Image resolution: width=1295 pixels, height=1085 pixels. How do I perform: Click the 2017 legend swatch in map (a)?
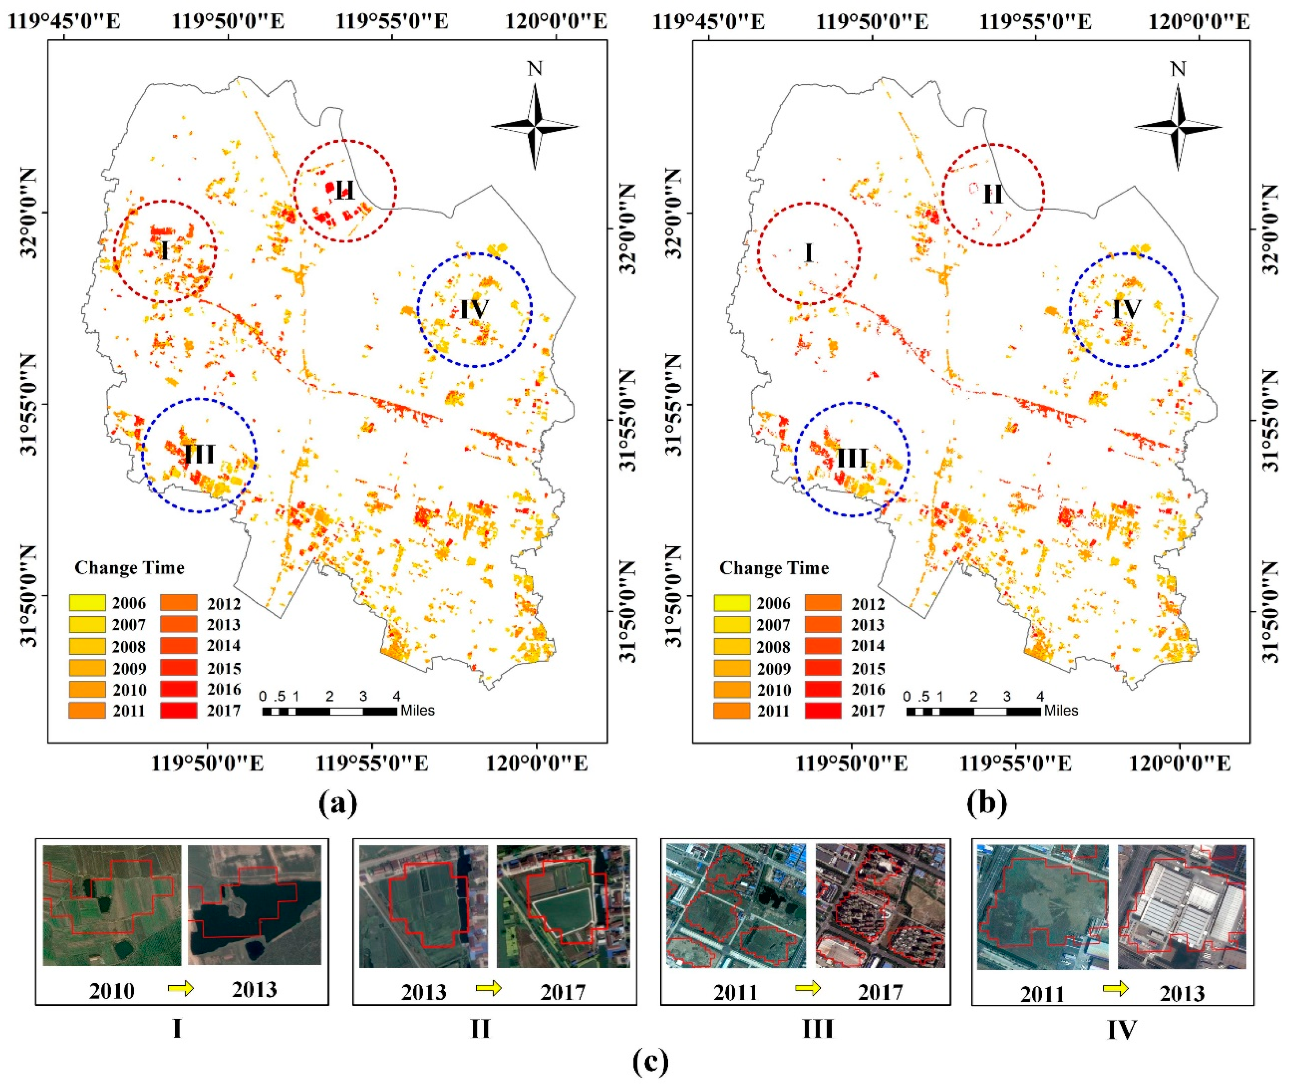(x=178, y=710)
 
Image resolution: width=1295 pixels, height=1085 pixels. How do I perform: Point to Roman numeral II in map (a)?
(x=345, y=191)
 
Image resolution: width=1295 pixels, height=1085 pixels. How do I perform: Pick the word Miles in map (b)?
(x=1061, y=711)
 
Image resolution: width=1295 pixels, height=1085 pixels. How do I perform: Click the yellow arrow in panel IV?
(x=1115, y=989)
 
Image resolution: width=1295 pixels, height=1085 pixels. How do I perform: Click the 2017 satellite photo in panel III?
(x=880, y=906)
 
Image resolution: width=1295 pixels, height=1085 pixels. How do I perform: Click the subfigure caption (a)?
(x=338, y=803)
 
